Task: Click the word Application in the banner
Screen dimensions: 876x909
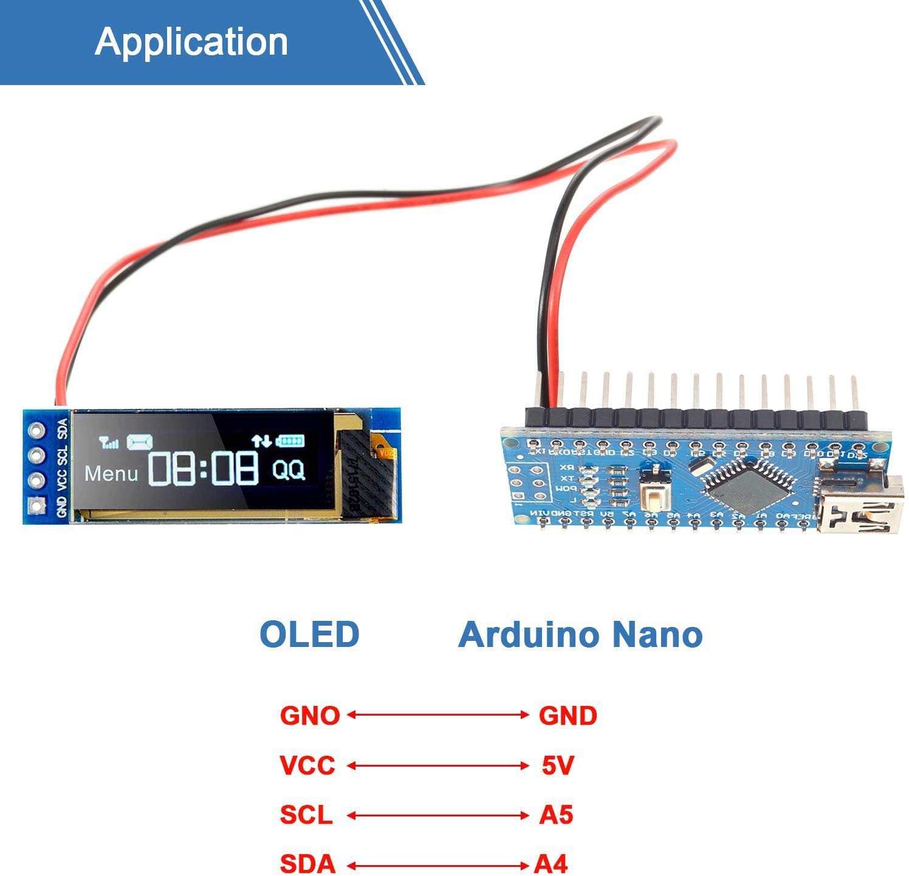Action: click(191, 41)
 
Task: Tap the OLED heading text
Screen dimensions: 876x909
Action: click(309, 634)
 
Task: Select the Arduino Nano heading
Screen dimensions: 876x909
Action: click(580, 634)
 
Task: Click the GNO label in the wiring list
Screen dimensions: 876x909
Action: click(310, 716)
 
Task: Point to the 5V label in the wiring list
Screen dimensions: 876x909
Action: click(558, 765)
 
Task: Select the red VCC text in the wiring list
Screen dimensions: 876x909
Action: click(307, 765)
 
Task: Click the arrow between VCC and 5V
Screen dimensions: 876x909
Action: click(437, 766)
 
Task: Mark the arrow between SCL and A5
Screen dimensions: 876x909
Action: click(437, 815)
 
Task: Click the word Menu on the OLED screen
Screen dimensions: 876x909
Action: click(111, 473)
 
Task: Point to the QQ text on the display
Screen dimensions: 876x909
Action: click(288, 470)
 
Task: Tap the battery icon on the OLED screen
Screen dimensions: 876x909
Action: click(290, 441)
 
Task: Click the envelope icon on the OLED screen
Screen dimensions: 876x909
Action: click(139, 442)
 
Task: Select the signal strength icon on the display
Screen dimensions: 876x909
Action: click(109, 442)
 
